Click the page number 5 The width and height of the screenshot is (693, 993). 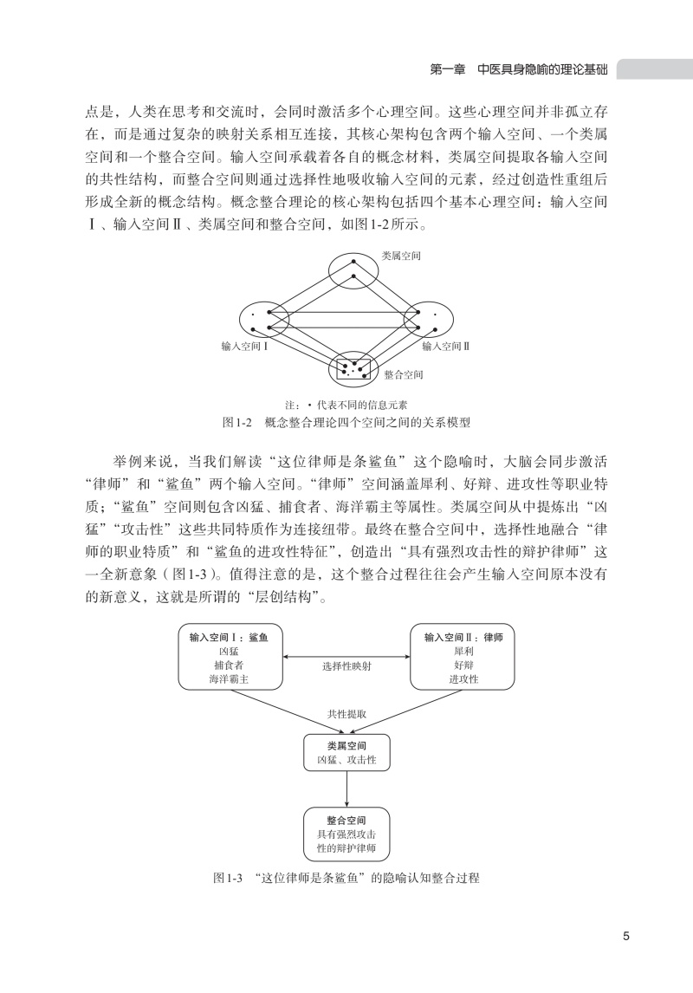click(626, 936)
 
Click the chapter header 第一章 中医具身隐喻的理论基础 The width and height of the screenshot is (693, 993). click(518, 69)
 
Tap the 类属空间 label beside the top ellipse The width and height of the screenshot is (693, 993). click(400, 256)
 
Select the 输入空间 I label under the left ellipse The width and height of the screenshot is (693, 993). click(245, 347)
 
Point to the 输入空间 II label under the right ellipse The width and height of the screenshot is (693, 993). click(445, 347)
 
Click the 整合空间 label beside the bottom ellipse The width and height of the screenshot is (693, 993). click(404, 375)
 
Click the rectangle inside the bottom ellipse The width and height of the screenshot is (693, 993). click(353, 368)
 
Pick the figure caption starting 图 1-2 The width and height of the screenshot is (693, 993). click(346, 422)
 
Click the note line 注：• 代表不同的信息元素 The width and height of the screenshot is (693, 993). click(346, 406)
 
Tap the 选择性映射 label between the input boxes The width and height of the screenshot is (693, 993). click(346, 666)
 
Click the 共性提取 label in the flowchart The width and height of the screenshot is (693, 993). click(346, 714)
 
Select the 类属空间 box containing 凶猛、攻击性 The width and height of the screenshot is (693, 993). click(346, 752)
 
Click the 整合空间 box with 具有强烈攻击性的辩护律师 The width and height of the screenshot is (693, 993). click(346, 834)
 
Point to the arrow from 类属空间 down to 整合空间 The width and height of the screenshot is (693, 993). click(346, 789)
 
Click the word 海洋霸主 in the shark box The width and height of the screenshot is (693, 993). click(229, 678)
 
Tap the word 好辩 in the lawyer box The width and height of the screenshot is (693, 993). click(463, 665)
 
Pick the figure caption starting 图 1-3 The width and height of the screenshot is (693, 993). click(346, 879)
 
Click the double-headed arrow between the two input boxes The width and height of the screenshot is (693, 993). click(346, 657)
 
